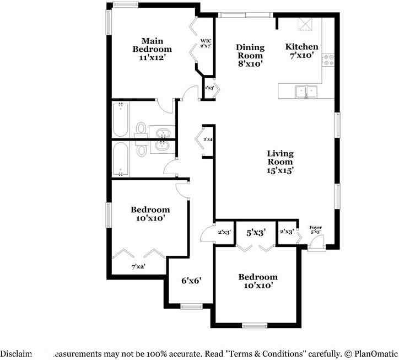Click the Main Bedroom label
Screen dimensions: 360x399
152,49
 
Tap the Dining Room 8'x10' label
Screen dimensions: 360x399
250,55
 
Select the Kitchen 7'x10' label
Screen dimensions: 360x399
301,51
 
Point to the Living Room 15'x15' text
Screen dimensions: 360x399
280,162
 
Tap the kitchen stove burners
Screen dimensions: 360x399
330,60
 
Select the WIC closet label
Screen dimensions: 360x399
206,44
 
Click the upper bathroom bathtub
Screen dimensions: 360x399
121,119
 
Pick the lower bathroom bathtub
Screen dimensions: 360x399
121,159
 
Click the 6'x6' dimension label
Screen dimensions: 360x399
191,280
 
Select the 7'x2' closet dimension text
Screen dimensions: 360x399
138,267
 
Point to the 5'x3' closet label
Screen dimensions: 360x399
256,233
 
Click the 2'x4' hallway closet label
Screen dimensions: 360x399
208,139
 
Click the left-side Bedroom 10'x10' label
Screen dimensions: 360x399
150,214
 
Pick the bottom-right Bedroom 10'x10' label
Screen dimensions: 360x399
258,281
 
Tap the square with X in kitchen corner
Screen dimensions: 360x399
305,24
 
